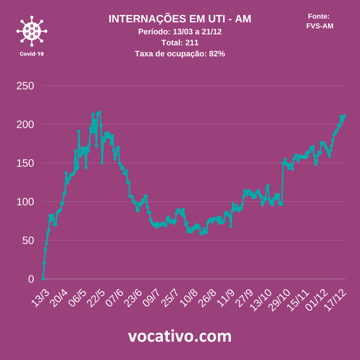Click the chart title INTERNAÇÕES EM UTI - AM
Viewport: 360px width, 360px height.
tap(180, 19)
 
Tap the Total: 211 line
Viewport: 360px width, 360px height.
tap(180, 43)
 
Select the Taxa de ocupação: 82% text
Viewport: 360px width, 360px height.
tap(180, 54)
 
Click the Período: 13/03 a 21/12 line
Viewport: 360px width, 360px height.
tap(180, 32)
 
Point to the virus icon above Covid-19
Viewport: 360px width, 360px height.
tap(32, 31)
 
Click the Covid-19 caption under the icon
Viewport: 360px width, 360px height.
tap(32, 54)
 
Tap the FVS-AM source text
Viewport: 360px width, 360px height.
tap(320, 26)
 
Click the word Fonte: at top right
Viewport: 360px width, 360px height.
tap(319, 16)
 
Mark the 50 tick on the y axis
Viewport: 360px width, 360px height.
tap(28, 240)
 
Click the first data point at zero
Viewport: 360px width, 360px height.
tap(43, 279)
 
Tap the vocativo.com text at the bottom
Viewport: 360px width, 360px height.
tap(180, 336)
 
